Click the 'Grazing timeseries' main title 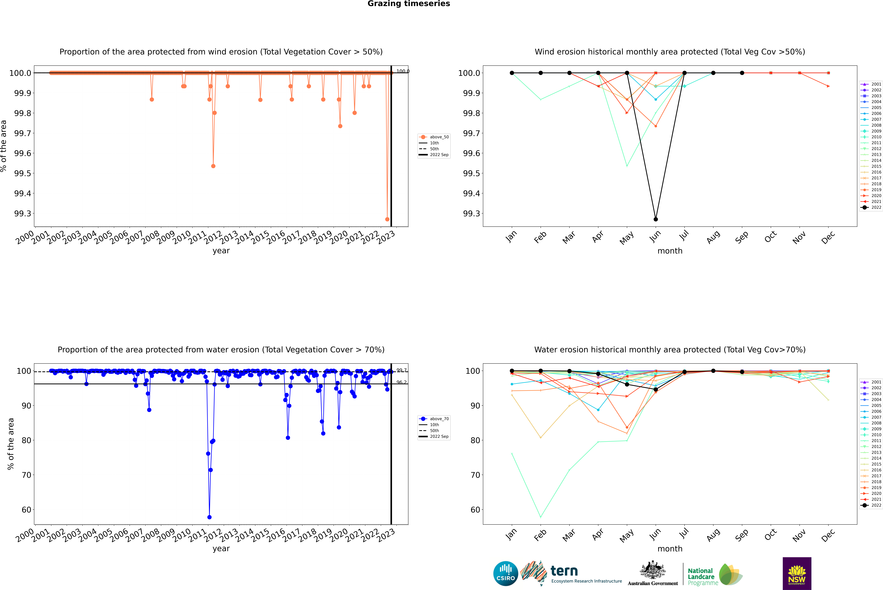point(409,4)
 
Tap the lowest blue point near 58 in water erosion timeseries point(209,517)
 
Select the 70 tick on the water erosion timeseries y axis point(26,475)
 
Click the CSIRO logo point(506,573)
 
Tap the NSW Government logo point(797,573)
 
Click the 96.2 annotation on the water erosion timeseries point(401,382)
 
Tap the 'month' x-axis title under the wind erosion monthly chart point(670,251)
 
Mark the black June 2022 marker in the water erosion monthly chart point(656,389)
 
